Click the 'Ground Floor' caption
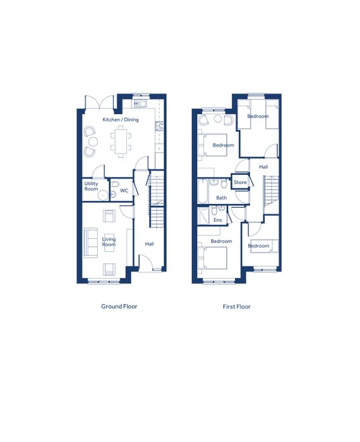[119, 306]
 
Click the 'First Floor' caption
[236, 306]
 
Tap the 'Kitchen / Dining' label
[121, 119]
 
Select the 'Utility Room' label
[92, 186]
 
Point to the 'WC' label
[124, 191]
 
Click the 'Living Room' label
[109, 242]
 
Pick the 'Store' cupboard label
[240, 182]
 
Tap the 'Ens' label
[218, 220]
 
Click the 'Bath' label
[221, 198]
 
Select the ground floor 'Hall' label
[150, 244]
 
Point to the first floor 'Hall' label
[263, 167]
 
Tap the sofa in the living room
[91, 242]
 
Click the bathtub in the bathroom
[203, 191]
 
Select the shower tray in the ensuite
[203, 216]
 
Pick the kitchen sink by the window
[140, 104]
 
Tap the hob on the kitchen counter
[159, 126]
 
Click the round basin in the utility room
[103, 194]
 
